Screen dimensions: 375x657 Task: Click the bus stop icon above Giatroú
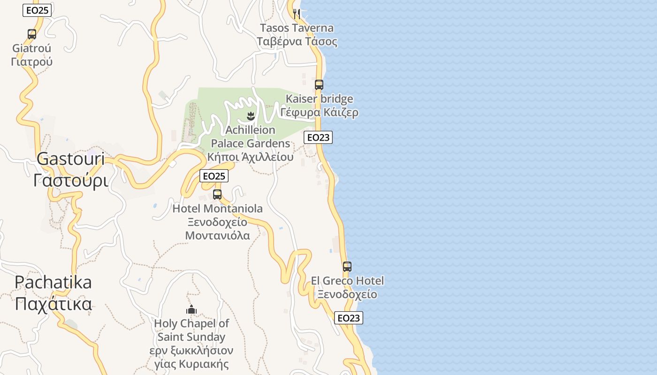(32, 34)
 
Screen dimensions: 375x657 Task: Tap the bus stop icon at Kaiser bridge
(319, 85)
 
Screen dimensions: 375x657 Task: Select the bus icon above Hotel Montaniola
(217, 194)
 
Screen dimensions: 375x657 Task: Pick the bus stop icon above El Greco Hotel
(347, 267)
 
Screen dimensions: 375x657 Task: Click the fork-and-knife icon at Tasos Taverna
(297, 13)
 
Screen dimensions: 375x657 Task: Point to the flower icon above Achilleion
(251, 116)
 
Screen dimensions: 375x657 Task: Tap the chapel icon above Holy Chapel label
(191, 309)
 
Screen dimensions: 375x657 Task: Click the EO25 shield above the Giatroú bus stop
(37, 10)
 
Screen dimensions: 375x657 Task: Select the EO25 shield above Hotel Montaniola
(214, 176)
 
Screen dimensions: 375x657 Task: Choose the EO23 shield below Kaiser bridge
(318, 137)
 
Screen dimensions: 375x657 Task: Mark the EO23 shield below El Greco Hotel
(349, 318)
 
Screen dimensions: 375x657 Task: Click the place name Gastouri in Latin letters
(71, 159)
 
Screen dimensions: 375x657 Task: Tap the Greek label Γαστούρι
(71, 180)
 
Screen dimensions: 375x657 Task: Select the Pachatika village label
(53, 282)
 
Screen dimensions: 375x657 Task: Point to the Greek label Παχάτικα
(53, 304)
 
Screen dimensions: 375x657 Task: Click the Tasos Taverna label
(297, 28)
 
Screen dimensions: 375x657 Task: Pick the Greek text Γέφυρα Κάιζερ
(320, 112)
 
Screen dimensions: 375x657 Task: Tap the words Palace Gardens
(251, 143)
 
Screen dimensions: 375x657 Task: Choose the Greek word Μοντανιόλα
(217, 235)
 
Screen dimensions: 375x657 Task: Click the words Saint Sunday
(191, 337)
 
